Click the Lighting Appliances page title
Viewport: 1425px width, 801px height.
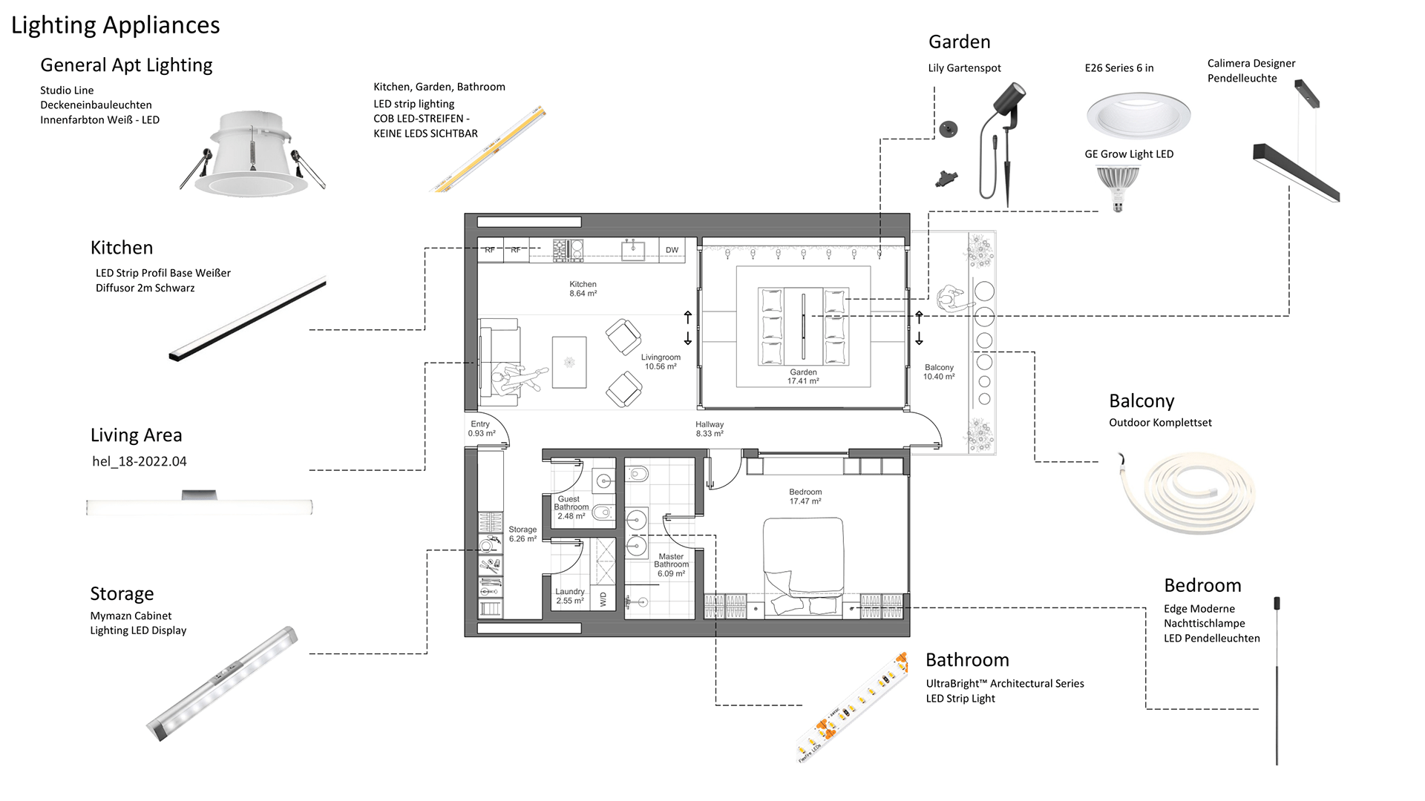coord(115,25)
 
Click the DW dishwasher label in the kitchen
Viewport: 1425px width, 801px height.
coord(672,250)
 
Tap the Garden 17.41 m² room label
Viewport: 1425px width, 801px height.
coord(803,377)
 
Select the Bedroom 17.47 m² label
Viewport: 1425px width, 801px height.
coord(805,497)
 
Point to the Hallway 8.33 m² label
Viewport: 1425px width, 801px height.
coord(710,429)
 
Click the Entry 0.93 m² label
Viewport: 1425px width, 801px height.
coord(481,429)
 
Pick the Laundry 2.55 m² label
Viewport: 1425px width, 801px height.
coord(570,596)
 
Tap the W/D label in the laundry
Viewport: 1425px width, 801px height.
coord(603,599)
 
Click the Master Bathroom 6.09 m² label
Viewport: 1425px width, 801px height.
coord(671,565)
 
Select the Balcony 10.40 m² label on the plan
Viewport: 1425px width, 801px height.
coord(939,372)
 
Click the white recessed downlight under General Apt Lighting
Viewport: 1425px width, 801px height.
coord(252,154)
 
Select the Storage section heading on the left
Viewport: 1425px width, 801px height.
coord(122,593)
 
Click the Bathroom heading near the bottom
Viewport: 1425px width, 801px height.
coord(967,660)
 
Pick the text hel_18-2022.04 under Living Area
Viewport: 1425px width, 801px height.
coord(140,461)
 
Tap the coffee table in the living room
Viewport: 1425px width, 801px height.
coord(569,362)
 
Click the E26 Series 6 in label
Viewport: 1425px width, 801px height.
coord(1119,68)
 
